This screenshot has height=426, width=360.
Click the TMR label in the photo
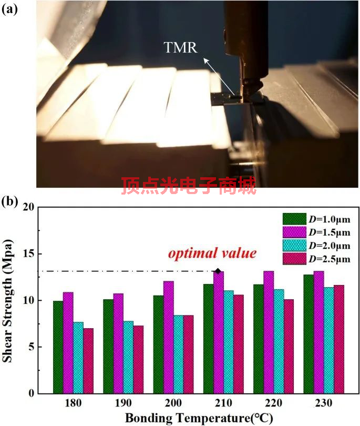[180, 48]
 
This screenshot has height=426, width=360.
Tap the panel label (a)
[12, 9]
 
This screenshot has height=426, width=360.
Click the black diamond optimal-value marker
[218, 271]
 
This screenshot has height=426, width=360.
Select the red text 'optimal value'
[212, 253]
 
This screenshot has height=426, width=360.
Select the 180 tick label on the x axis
[73, 403]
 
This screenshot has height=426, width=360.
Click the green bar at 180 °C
[58, 347]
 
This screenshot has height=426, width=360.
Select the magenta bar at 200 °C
[168, 337]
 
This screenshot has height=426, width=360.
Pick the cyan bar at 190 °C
[128, 357]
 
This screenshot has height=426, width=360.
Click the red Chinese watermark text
[189, 186]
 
